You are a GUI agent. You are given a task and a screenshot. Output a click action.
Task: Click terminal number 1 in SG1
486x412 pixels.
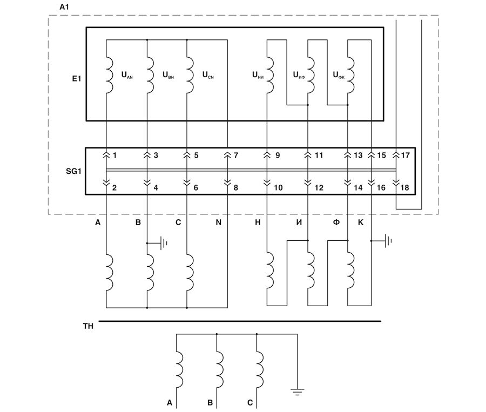point(115,156)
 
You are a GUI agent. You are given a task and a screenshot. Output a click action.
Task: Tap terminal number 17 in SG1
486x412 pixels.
point(405,156)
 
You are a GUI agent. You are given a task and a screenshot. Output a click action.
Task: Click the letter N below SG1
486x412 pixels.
point(218,222)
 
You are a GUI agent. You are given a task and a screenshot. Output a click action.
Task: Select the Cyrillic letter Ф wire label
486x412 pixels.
point(336,222)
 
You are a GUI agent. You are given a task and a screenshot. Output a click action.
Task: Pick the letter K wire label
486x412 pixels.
point(360,222)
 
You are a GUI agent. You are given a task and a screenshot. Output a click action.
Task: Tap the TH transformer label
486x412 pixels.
point(87,327)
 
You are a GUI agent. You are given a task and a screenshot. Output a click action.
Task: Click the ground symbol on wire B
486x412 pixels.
point(163,243)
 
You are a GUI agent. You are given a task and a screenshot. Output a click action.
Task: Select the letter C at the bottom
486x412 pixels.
point(250,403)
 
